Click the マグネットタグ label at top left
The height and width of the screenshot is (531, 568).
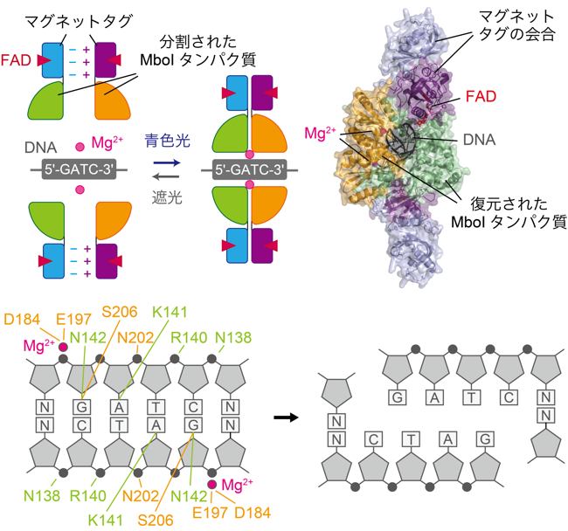tap(79, 22)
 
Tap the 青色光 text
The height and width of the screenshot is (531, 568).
tap(168, 141)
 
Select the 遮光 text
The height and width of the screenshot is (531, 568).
tap(167, 197)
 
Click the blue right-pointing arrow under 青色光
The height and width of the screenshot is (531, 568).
tap(167, 163)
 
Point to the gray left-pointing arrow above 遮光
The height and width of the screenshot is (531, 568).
tap(166, 176)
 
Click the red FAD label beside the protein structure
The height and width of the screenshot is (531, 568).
tap(481, 96)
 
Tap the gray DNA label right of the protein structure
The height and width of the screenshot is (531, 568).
tap(479, 140)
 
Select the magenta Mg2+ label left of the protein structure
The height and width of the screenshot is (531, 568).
tap(320, 134)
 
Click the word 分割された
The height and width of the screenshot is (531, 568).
tap(198, 42)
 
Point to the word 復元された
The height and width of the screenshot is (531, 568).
tap(509, 204)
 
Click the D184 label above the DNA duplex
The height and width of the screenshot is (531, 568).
tap(22, 320)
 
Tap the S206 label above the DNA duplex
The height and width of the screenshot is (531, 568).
tap(120, 312)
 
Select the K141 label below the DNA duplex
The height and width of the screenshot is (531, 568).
tap(106, 521)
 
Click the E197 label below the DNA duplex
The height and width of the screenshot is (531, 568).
tap(210, 513)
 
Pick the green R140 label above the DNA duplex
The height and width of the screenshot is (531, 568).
tap(189, 338)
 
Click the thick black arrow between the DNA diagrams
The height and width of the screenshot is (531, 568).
tap(286, 417)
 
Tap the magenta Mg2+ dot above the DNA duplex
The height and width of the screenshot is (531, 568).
tap(63, 347)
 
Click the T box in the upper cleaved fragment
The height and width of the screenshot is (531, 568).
tap(472, 397)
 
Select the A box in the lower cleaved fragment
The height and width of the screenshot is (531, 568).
tap(448, 440)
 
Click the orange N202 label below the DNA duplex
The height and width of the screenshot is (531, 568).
tap(141, 496)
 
